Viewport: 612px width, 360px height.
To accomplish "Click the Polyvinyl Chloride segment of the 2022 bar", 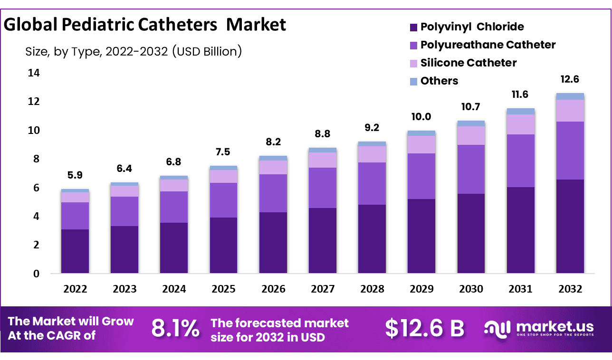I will coord(75,251).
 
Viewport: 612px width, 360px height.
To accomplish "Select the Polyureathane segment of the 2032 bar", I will coord(570,150).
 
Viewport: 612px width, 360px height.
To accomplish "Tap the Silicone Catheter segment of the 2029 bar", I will coord(421,144).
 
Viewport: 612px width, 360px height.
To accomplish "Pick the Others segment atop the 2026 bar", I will coord(273,158).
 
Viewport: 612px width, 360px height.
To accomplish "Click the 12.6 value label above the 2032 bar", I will coord(570,79).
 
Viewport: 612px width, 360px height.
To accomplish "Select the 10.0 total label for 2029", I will coord(421,117).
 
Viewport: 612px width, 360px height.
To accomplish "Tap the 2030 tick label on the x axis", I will coord(471,289).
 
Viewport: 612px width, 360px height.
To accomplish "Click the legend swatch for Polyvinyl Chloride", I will coord(413,27).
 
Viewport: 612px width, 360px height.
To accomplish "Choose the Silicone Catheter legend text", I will coord(469,63).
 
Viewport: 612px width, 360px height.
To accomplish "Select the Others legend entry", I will coord(439,81).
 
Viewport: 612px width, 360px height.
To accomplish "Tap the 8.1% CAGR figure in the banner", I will coord(175,329).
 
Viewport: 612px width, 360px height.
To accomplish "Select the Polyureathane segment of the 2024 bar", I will coord(174,207).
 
